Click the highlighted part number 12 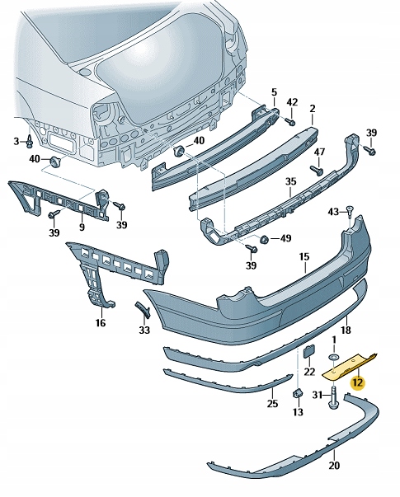click(x=357, y=382)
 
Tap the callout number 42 click(x=291, y=102)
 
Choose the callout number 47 click(x=319, y=152)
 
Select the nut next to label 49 click(x=264, y=240)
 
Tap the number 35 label click(x=290, y=181)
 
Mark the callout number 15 click(x=304, y=256)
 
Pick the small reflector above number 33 click(x=140, y=309)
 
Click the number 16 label click(x=101, y=323)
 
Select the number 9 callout click(x=82, y=227)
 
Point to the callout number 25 click(x=272, y=404)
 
